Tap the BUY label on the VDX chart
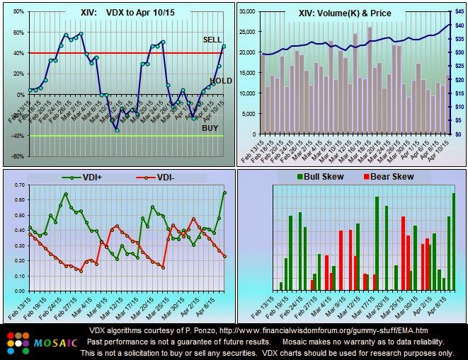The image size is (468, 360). tap(211, 128)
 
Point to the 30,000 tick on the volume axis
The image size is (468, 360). tap(247, 11)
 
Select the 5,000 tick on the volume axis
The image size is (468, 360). tap(249, 113)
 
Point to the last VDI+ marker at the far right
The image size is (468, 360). tap(224, 192)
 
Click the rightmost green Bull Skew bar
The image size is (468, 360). tap(454, 241)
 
